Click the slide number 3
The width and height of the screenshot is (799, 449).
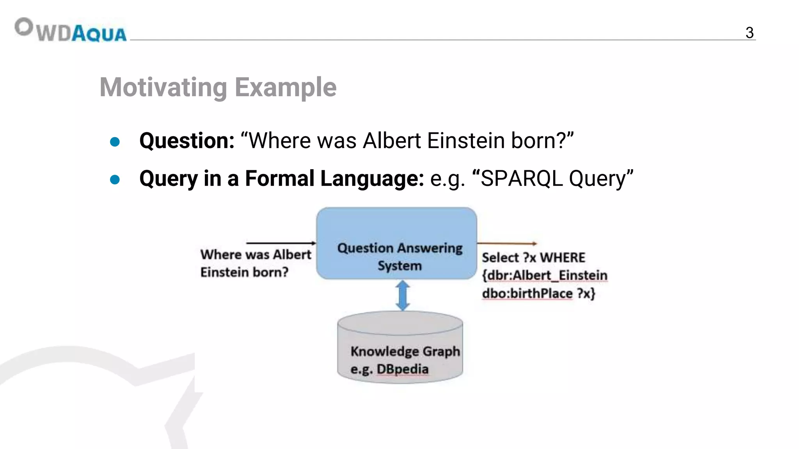(749, 33)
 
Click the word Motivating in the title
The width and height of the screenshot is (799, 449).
(163, 87)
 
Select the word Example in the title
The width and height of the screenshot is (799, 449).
(286, 87)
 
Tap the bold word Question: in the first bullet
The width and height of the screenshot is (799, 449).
(187, 141)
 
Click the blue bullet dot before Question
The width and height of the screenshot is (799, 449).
(115, 141)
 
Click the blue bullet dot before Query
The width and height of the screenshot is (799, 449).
(115, 179)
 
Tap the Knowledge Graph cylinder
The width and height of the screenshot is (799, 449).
(400, 347)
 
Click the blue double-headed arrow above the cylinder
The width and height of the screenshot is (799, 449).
(403, 295)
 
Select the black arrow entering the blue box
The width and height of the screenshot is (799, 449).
(281, 243)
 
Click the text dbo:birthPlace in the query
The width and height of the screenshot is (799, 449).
(527, 293)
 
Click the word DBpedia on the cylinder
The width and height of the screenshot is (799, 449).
(402, 369)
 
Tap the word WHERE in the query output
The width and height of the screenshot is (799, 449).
(563, 258)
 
